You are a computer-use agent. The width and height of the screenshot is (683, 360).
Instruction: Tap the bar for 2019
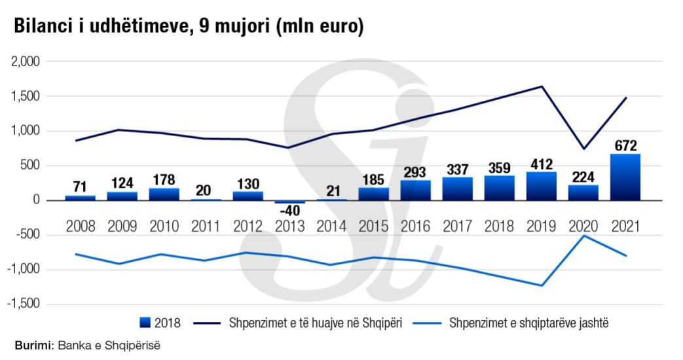pos(542,186)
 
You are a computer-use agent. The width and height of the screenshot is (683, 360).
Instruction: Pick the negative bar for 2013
pos(289,202)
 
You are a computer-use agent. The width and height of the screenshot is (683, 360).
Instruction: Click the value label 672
pos(625,145)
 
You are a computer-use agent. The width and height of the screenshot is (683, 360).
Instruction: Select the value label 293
pos(416,171)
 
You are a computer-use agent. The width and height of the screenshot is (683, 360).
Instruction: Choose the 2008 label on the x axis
pos(80,226)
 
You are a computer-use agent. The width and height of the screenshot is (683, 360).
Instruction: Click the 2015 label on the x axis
pos(374,226)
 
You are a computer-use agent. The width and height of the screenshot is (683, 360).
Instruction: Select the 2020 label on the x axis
pos(583,226)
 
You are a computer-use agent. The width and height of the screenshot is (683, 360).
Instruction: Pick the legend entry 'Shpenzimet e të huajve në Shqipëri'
pos(314,322)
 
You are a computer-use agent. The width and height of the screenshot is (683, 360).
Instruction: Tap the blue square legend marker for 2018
pos(145,322)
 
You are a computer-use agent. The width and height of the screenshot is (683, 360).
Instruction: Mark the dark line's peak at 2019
pos(542,86)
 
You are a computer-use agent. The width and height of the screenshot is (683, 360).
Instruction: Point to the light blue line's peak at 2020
pos(583,236)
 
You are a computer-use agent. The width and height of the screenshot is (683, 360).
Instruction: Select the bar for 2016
pos(416,190)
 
